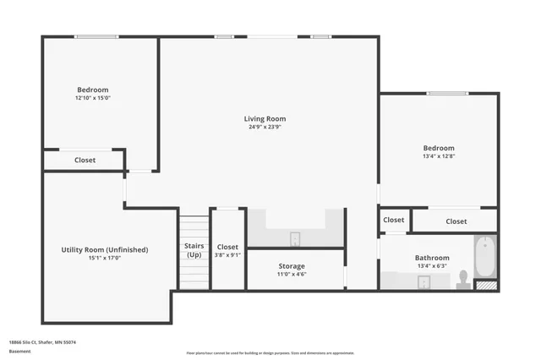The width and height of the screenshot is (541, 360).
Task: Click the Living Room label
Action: [265, 119]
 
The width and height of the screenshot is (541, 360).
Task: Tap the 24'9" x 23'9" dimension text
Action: [265, 128]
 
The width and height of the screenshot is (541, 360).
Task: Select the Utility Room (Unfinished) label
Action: [105, 249]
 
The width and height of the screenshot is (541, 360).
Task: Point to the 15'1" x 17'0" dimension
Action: [105, 259]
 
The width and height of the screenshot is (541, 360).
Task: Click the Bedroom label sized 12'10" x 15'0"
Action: [93, 90]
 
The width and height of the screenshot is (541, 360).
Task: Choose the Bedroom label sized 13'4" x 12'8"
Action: [439, 148]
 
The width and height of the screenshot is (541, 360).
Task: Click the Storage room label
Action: [292, 266]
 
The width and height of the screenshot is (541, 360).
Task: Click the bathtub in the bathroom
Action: [484, 256]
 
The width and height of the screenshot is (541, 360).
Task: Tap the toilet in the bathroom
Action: [462, 279]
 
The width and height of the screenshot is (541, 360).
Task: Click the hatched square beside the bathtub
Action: [485, 286]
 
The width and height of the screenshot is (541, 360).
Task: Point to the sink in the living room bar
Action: [295, 237]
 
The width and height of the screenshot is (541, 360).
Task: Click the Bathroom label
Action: [432, 258]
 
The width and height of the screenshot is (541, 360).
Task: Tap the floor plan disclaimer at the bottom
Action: [270, 352]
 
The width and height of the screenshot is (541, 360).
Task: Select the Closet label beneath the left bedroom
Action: [85, 160]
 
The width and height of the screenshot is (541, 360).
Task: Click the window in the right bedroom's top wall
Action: [447, 93]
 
